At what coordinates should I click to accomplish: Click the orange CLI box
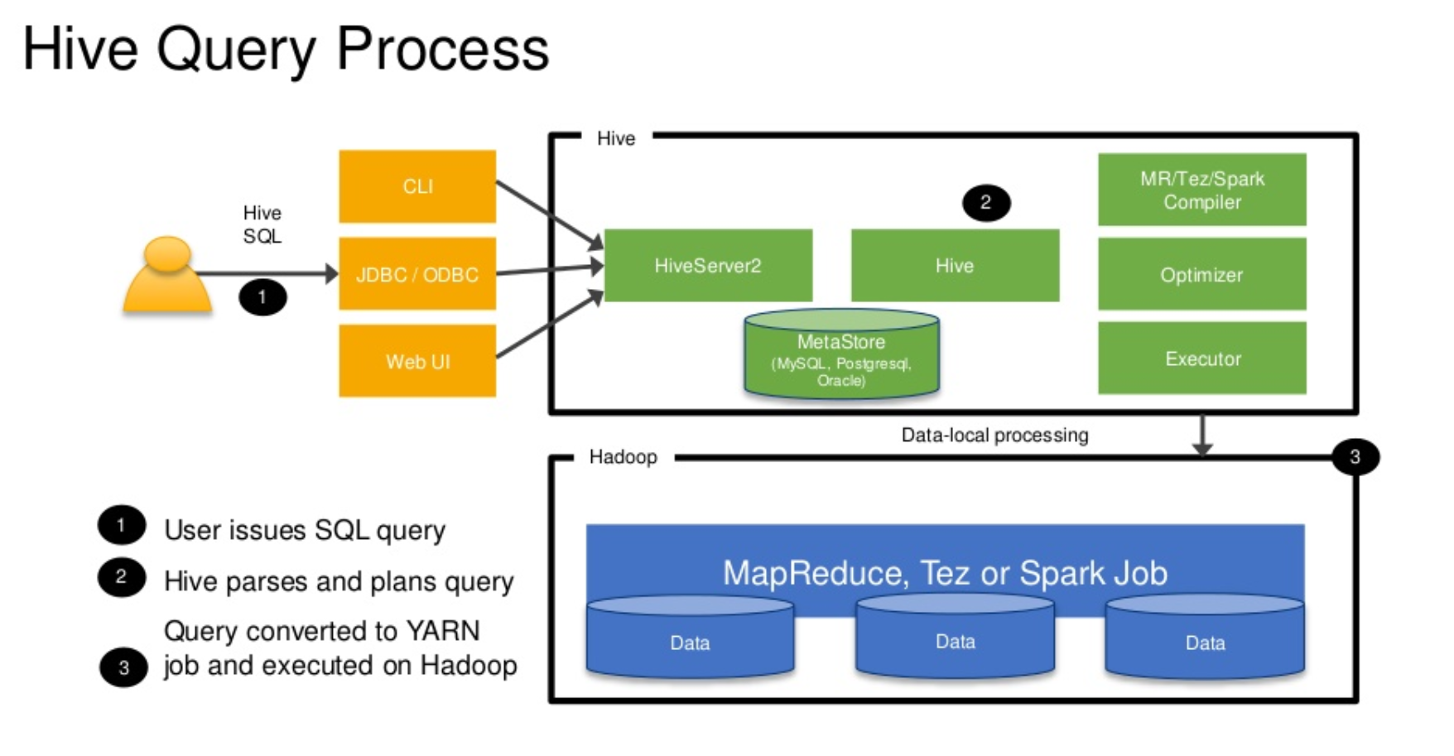pyautogui.click(x=417, y=186)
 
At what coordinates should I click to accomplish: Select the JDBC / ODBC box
pyautogui.click(x=417, y=274)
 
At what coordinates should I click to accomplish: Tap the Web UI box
pyautogui.click(x=417, y=361)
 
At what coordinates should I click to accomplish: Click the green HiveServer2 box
pyautogui.click(x=708, y=266)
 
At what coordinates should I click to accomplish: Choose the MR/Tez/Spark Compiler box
pyautogui.click(x=1201, y=190)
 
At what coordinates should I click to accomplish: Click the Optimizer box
pyautogui.click(x=1201, y=274)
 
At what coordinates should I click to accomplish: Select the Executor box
pyautogui.click(x=1201, y=359)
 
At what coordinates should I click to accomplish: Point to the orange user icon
pyautogui.click(x=167, y=277)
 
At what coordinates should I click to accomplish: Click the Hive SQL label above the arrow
pyautogui.click(x=262, y=224)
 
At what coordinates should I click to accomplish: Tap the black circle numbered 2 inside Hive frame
pyautogui.click(x=985, y=203)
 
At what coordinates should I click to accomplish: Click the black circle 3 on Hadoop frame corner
pyautogui.click(x=1355, y=456)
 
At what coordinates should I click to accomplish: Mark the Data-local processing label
pyautogui.click(x=994, y=436)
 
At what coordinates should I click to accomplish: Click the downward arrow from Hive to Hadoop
pyautogui.click(x=1202, y=435)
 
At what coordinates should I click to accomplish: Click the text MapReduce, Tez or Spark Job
pyautogui.click(x=945, y=573)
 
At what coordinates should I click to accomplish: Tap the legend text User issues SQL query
pyautogui.click(x=305, y=530)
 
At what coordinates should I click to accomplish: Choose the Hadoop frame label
pyautogui.click(x=623, y=457)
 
